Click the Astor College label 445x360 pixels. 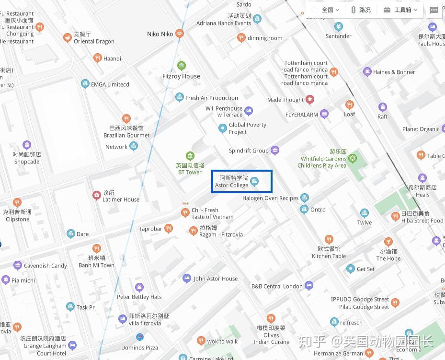231,182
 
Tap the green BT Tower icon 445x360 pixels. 190,156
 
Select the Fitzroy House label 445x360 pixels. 181,76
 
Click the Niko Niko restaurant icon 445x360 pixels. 180,34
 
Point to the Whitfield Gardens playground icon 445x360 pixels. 353,157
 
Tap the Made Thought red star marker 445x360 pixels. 310,100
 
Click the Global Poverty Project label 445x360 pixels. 247,128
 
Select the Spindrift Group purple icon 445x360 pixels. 275,151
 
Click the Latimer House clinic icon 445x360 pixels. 96,195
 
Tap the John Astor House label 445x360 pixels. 216,279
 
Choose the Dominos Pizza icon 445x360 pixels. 139,337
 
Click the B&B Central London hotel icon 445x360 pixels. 309,286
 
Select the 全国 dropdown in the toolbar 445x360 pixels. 326,10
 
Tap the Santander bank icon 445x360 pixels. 339,26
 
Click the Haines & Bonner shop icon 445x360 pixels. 367,72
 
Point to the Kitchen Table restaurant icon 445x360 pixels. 329,239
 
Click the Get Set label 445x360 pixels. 365,269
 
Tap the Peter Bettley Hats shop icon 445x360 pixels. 139,288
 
